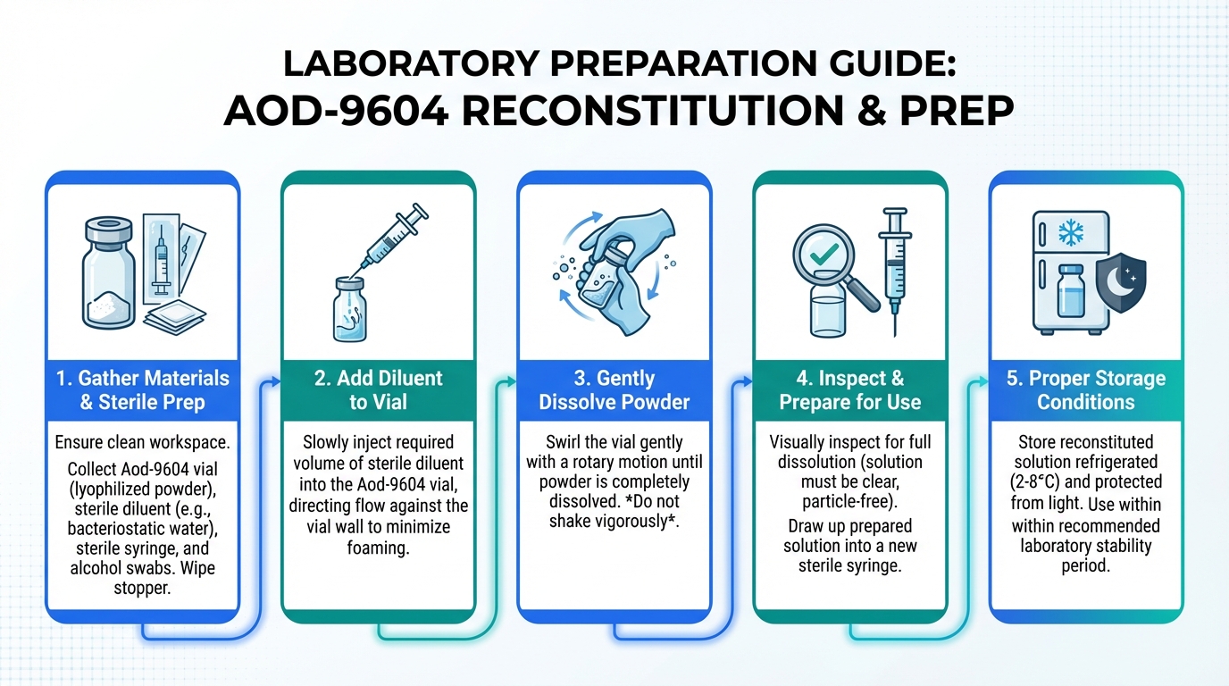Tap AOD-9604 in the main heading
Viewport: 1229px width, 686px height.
[336, 111]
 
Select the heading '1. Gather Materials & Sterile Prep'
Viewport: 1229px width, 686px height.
[143, 390]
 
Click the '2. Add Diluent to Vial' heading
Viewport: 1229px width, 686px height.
[379, 390]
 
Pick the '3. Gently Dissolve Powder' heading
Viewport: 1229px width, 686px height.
[614, 390]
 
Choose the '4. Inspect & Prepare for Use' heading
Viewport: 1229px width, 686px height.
[850, 390]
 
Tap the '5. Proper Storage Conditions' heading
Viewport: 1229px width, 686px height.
[1086, 390]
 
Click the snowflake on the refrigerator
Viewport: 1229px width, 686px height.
[1071, 233]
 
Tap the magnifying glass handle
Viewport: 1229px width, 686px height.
[862, 294]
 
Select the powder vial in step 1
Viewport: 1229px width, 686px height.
[108, 272]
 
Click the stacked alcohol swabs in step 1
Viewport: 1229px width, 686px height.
[174, 317]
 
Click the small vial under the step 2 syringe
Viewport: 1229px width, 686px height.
[350, 309]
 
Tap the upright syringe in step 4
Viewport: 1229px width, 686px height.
[895, 272]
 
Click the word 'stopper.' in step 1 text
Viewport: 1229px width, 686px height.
[142, 588]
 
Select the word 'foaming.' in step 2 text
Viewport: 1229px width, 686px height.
[378, 548]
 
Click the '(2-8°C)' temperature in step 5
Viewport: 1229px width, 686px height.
[1035, 481]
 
